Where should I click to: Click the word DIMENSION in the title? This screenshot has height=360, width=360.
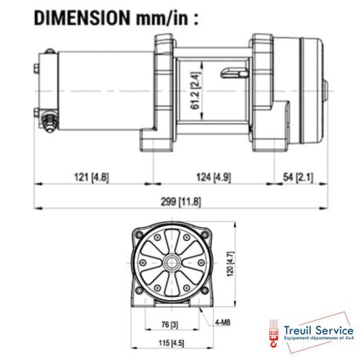tap(82, 18)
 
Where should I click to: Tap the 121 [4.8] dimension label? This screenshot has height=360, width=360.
tap(92, 177)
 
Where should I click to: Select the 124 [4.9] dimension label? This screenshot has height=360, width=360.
tap(214, 177)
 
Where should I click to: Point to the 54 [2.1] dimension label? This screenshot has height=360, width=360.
tap(298, 177)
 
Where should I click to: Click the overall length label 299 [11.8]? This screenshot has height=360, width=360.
tap(181, 202)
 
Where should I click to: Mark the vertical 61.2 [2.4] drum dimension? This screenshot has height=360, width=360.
tap(196, 91)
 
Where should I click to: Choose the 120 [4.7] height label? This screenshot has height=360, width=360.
tap(231, 264)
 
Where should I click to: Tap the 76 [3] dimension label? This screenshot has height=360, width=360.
tap(170, 325)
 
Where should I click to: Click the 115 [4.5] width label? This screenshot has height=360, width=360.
tap(171, 343)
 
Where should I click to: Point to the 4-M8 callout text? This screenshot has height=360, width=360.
tap(223, 322)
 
